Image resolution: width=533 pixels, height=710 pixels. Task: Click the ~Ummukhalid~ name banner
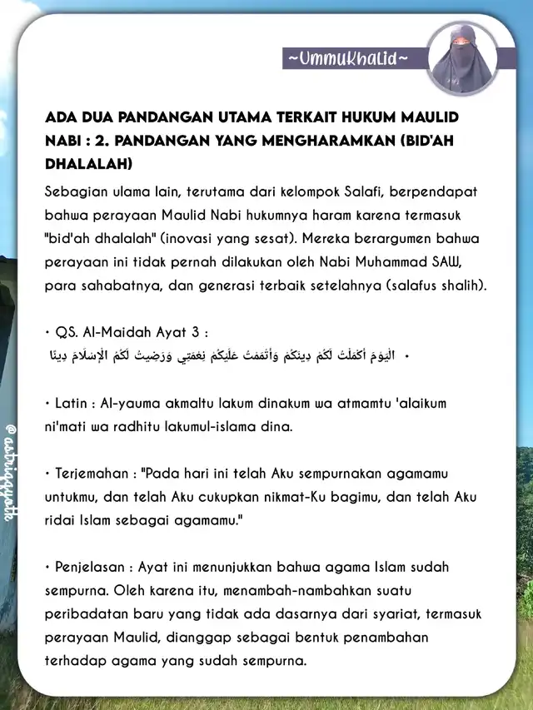click(348, 59)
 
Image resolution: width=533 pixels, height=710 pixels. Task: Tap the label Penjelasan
click(86, 568)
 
